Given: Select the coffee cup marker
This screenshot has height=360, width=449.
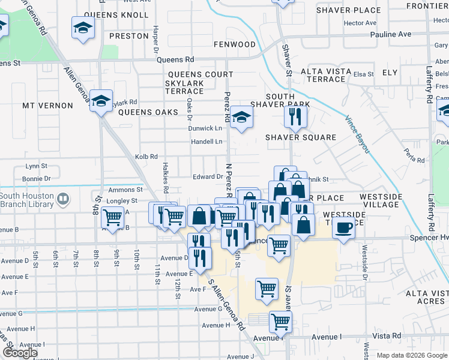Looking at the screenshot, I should [344, 228].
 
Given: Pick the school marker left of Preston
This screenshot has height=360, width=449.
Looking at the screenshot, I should [83, 28].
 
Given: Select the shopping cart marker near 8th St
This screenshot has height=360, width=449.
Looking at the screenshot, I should [112, 217].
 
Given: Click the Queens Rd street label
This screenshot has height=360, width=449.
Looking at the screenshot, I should [175, 60].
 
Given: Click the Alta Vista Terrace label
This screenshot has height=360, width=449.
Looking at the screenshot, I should [323, 75].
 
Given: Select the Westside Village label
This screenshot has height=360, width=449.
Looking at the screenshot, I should [380, 200].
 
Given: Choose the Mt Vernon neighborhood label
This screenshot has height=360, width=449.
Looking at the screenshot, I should [47, 106].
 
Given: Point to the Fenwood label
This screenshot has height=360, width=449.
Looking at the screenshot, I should [235, 45].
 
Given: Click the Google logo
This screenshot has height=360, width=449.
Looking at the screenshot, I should [20, 353].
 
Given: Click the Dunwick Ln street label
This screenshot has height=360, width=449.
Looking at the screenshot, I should [205, 128].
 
